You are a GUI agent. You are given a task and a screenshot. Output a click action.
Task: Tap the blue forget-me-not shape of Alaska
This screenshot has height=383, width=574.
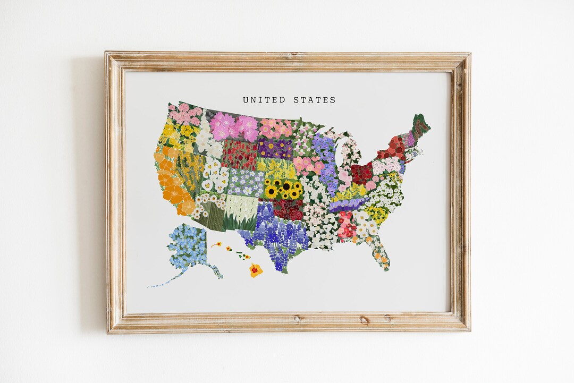(187, 247)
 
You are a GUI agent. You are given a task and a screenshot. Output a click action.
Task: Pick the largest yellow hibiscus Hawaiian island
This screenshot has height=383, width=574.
(256, 270)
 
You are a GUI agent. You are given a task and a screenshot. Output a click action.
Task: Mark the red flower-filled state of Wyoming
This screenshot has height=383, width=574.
(239, 155)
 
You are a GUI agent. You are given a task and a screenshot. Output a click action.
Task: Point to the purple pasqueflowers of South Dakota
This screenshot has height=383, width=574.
(275, 148)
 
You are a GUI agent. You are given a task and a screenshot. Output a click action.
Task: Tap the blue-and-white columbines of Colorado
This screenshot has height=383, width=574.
(245, 182)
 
